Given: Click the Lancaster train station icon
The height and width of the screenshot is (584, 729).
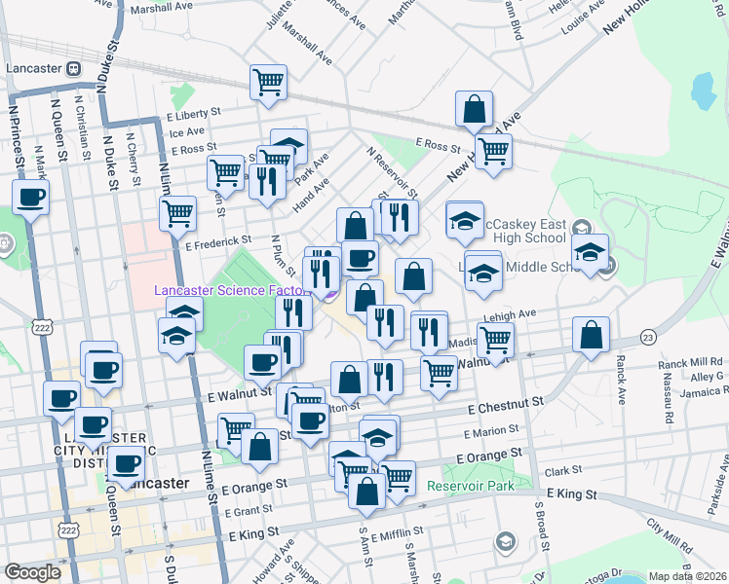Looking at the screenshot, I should pos(72,69).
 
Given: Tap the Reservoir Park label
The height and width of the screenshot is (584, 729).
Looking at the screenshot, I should pos(472,485).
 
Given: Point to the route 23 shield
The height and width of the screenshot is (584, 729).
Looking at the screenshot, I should pos(647,337).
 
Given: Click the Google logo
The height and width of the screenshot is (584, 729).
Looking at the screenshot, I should pos(32,572).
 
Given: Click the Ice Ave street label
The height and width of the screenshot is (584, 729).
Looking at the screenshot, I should pos(187,131).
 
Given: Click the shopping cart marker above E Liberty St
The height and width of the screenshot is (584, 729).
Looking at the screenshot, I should pos(268,82).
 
